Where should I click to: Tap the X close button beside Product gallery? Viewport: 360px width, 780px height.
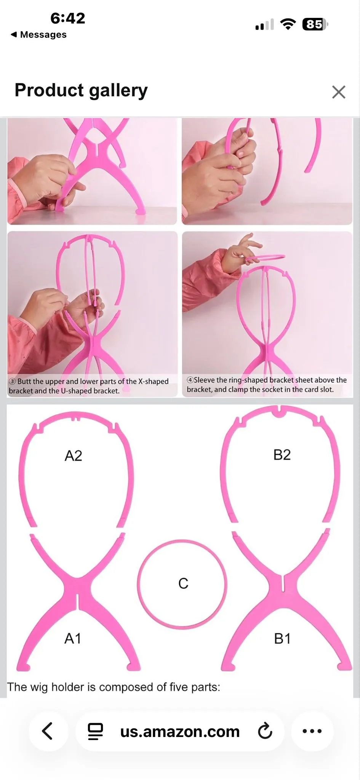click(x=338, y=92)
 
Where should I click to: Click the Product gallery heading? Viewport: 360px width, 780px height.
click(x=81, y=91)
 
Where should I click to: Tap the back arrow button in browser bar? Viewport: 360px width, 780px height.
click(x=47, y=731)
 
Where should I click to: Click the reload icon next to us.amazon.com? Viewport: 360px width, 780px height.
click(x=265, y=730)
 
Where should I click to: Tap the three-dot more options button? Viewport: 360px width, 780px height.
click(x=312, y=731)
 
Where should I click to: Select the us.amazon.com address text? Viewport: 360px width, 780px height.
click(x=180, y=731)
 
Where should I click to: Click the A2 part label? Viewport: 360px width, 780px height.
click(x=73, y=456)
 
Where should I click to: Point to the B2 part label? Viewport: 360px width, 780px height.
click(x=282, y=454)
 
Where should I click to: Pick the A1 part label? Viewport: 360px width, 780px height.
click(x=73, y=638)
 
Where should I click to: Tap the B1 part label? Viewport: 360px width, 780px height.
click(x=282, y=638)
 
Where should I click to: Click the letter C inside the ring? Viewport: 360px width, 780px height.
click(x=183, y=583)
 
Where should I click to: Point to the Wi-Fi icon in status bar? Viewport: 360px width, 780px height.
click(x=288, y=24)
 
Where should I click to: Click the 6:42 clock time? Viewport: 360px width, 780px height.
click(x=68, y=18)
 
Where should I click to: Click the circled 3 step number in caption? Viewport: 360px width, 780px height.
click(x=12, y=381)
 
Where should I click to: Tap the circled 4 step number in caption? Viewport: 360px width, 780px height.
click(x=190, y=380)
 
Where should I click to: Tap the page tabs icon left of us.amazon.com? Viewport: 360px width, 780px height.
click(x=95, y=731)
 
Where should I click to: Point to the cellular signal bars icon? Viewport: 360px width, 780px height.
click(x=264, y=24)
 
